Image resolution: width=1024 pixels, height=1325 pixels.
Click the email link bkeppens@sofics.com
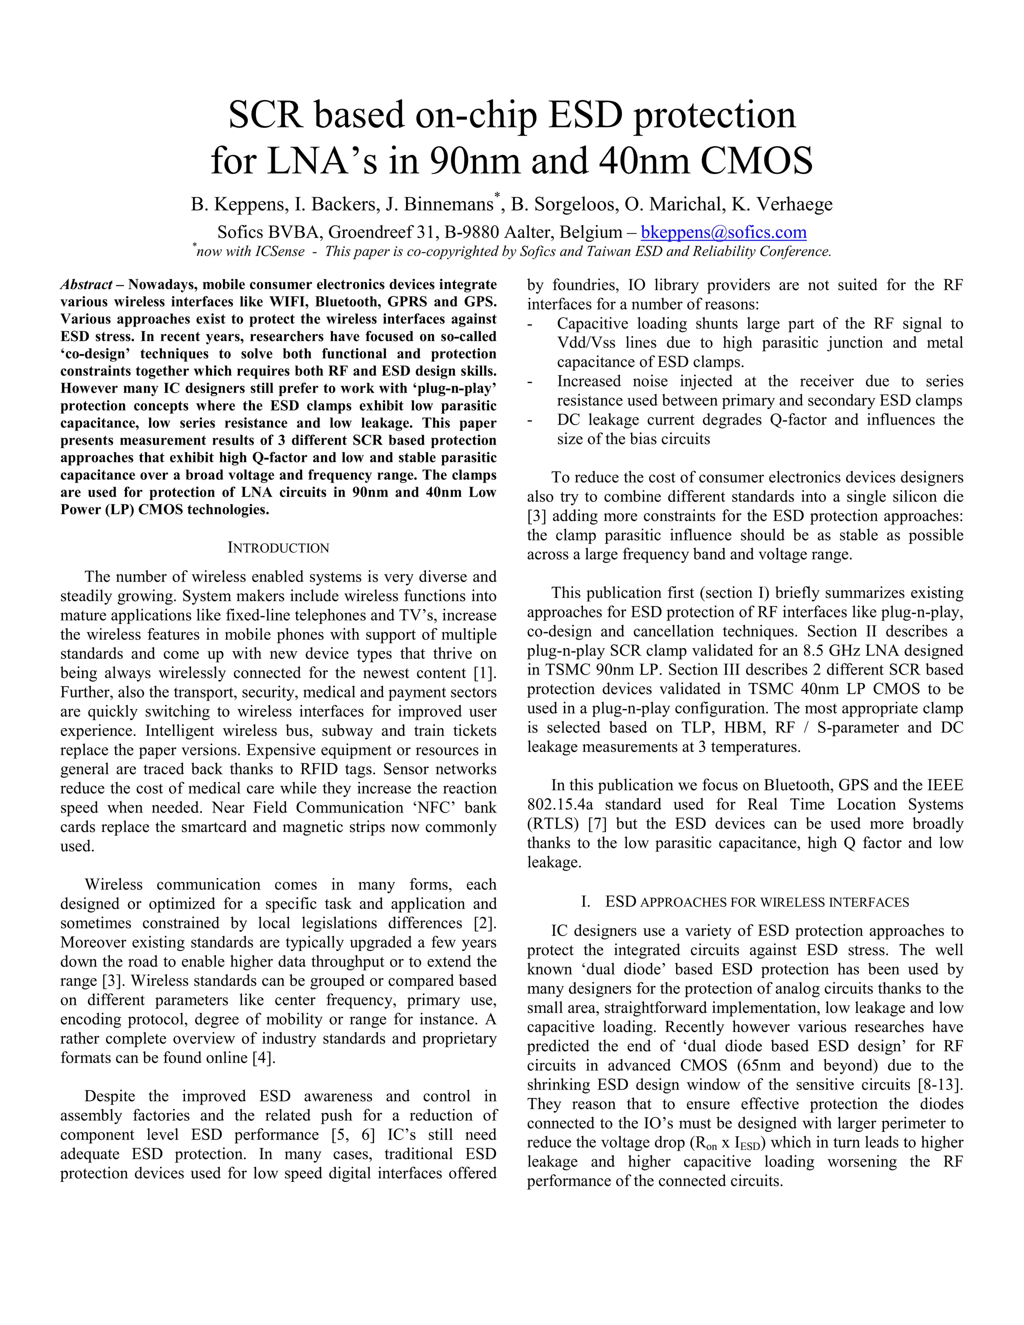(723, 232)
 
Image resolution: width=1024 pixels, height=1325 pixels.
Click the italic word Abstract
(85, 284)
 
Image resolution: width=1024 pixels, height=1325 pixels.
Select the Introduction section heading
(278, 548)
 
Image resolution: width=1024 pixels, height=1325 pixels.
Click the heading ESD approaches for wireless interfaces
(756, 902)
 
